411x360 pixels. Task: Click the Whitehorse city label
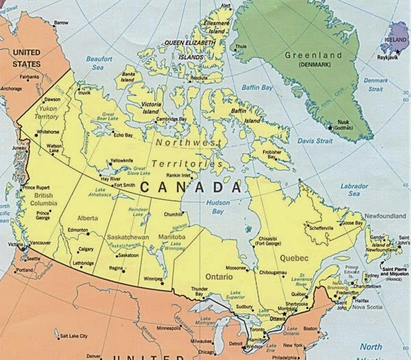coord(48,132)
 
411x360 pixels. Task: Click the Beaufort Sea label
coord(99,64)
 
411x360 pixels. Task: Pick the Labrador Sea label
coord(354,189)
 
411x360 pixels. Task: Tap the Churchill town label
coord(173,214)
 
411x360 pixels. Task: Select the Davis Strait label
coord(314,141)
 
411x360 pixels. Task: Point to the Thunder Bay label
coord(199,292)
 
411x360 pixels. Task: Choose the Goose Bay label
coord(353,223)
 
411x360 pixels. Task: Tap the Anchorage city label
coord(11,88)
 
